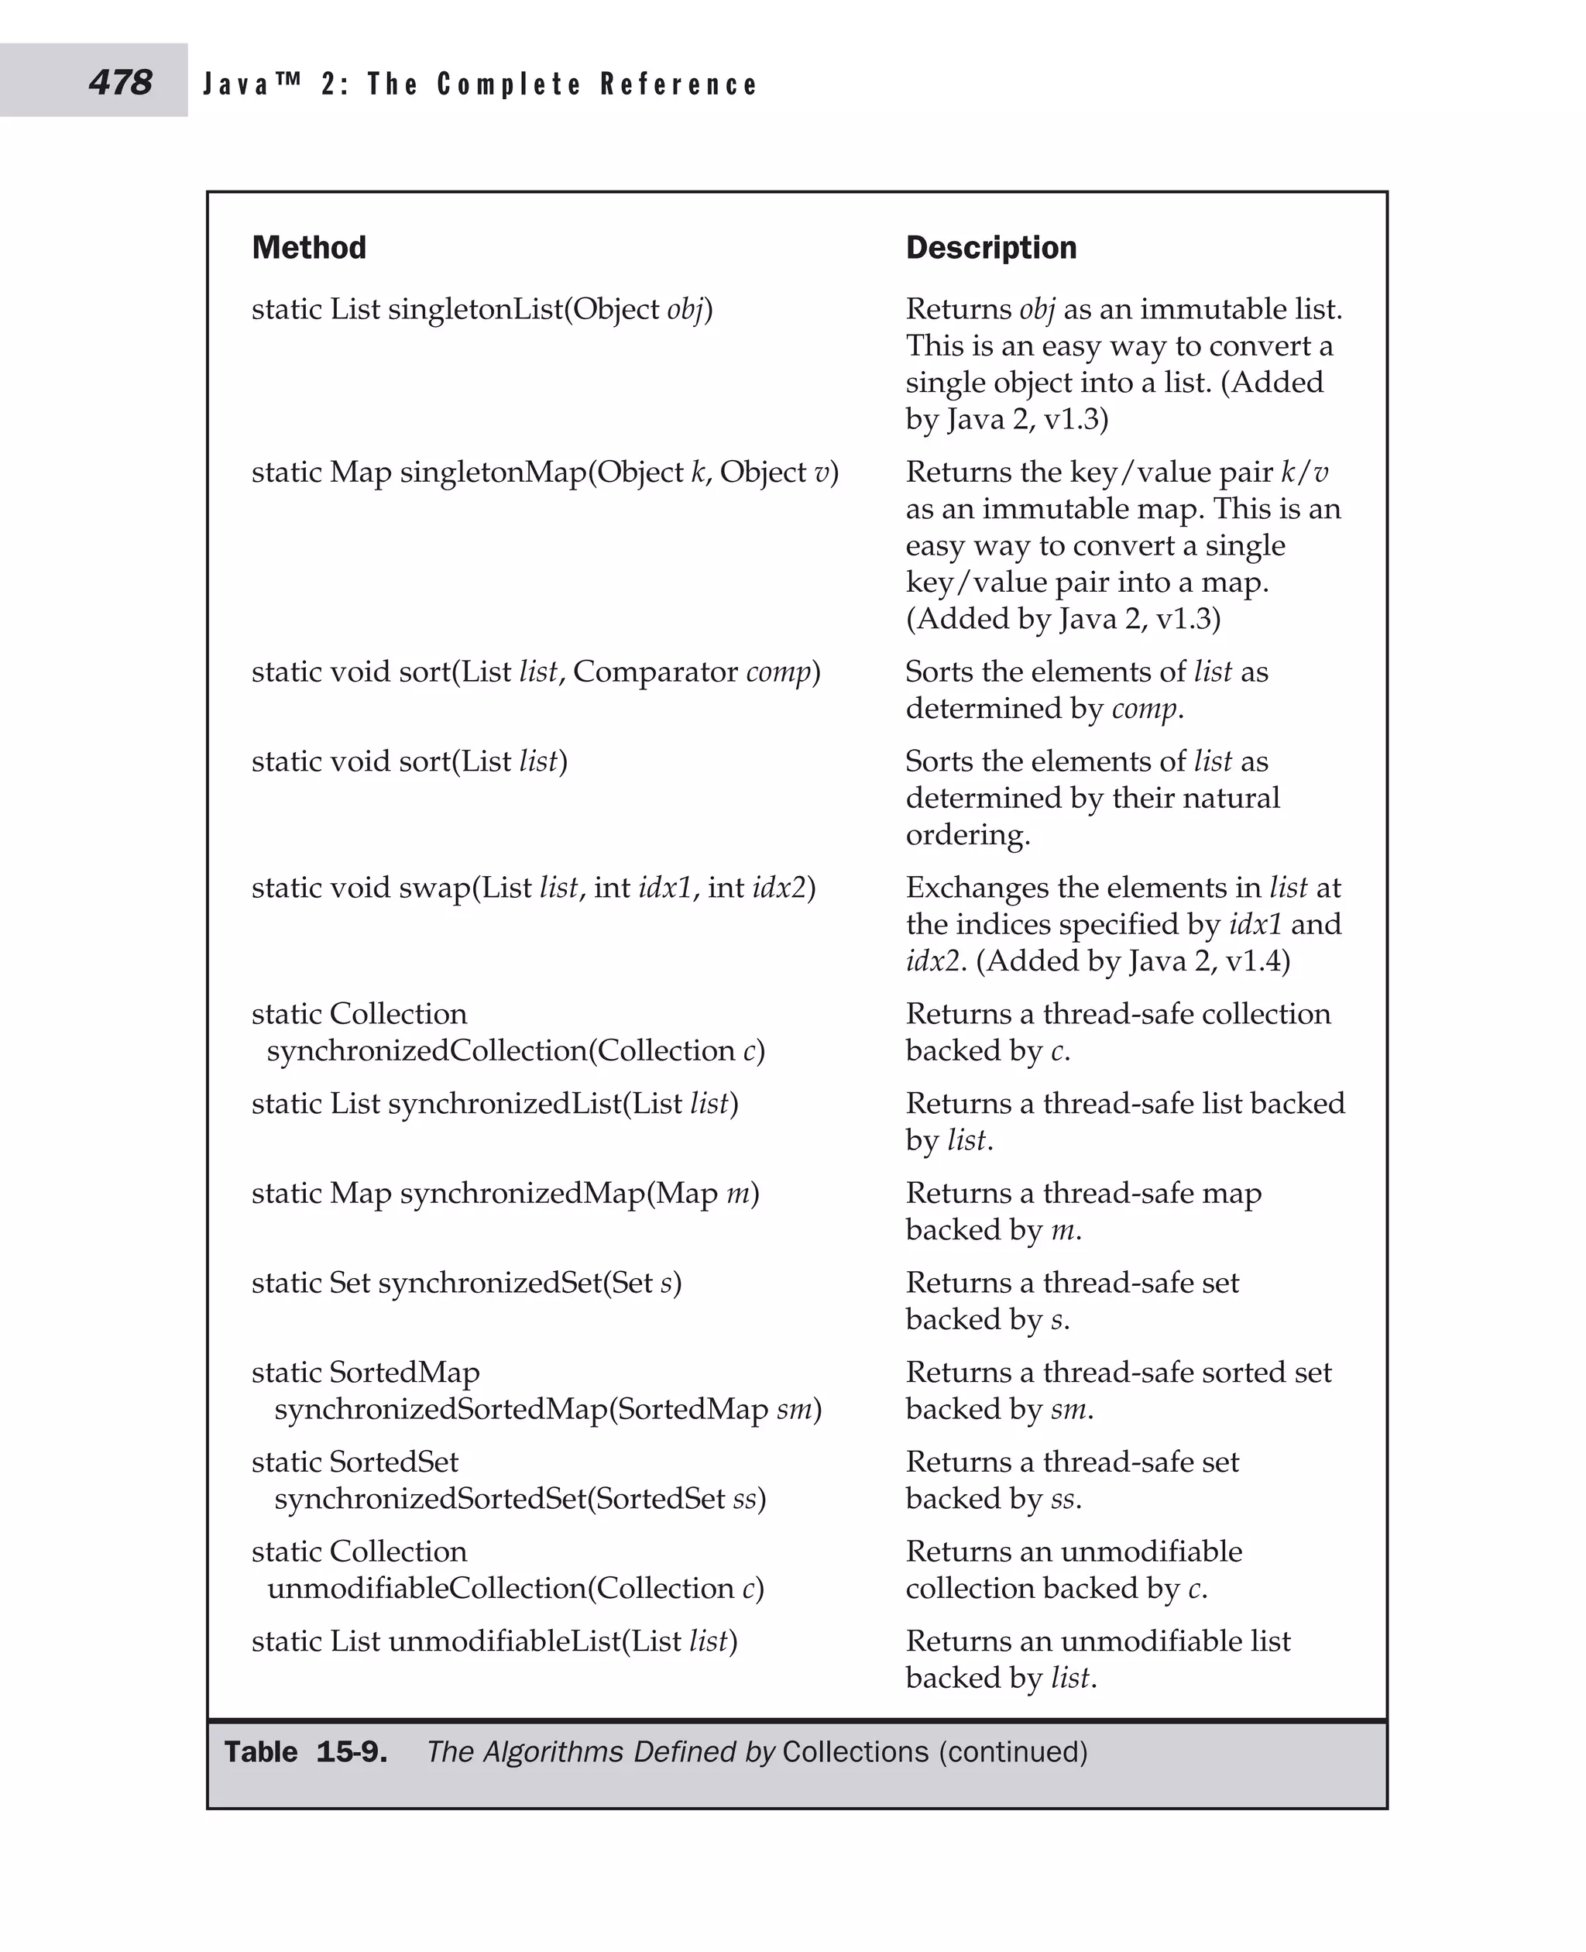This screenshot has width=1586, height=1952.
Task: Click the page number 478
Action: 120,82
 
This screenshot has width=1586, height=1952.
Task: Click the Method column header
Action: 309,248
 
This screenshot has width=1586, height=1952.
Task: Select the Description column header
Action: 990,248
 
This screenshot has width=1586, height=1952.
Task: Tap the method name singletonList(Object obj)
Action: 550,310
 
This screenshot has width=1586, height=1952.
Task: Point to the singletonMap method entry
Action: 544,473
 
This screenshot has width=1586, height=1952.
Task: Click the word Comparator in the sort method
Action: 655,672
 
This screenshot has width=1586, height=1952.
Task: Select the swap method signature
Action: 534,888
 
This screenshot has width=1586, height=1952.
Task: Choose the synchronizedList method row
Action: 494,1104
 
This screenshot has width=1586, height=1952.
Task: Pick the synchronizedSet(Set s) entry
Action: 530,1283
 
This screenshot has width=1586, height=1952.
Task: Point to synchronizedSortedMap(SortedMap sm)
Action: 548,1409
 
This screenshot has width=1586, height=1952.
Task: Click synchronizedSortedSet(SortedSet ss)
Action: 520,1499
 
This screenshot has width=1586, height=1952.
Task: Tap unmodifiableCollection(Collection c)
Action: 515,1588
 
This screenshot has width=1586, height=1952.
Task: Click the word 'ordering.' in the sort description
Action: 967,835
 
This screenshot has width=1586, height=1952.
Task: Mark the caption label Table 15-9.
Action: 305,1752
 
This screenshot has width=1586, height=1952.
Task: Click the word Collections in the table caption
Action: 855,1752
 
